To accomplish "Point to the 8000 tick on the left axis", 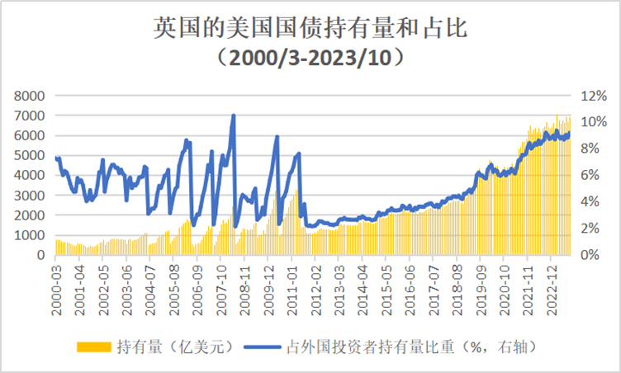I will point(30,96).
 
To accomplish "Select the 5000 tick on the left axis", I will point(30,155).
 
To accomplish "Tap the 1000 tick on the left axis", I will point(30,235).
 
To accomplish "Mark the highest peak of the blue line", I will point(234,116).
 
